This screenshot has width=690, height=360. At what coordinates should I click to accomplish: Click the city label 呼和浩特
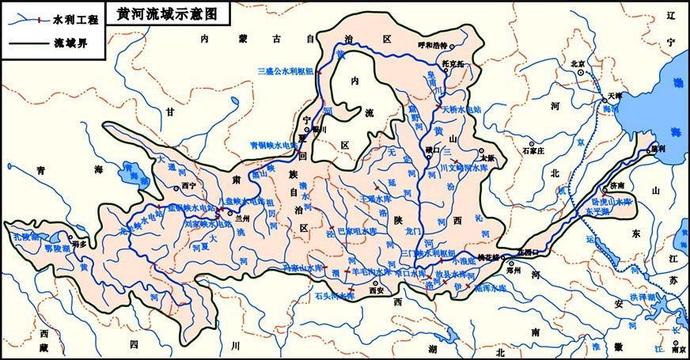[x=433, y=45]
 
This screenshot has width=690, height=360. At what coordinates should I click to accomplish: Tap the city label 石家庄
[x=536, y=146]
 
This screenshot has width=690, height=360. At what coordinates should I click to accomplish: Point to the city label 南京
[x=677, y=349]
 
